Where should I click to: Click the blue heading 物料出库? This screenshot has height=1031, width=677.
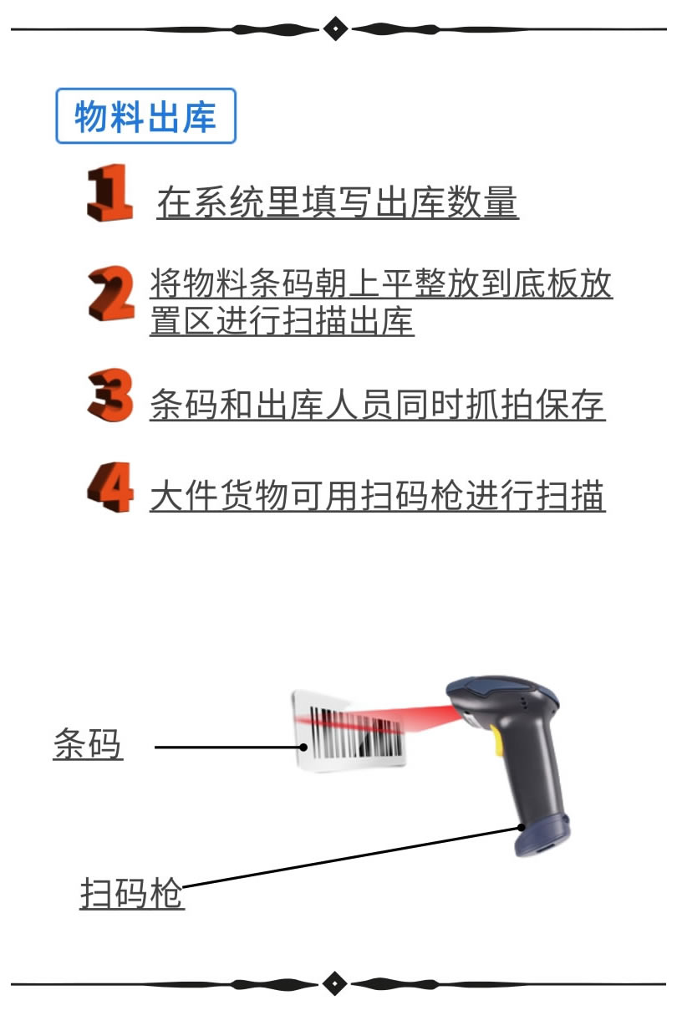pos(145,116)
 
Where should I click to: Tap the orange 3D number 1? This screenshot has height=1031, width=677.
pos(110,193)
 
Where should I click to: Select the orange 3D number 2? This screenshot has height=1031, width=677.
pos(111,293)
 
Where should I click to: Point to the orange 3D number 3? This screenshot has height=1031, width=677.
pos(110,395)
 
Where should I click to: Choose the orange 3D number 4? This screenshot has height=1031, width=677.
pos(110,487)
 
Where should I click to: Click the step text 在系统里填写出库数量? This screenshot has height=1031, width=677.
pos(338,202)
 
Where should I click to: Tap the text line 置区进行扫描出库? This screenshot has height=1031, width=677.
pos(282,320)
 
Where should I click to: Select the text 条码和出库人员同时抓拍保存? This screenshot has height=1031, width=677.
pos(377,404)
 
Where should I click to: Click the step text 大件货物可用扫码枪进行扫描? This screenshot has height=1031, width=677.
pos(377,495)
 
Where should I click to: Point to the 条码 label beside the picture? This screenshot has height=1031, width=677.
pos(88,744)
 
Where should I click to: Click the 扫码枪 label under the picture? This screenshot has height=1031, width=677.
pos(132,893)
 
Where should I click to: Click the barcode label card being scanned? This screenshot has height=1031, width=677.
pos(349,731)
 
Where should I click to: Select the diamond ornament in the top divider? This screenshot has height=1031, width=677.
pos(336,28)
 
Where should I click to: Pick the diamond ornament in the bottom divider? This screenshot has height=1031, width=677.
pos(335,984)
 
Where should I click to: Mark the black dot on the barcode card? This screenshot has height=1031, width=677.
pos(303,747)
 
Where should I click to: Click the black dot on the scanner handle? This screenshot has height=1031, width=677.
pos(521,827)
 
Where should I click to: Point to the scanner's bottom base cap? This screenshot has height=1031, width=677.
pos(542,836)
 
